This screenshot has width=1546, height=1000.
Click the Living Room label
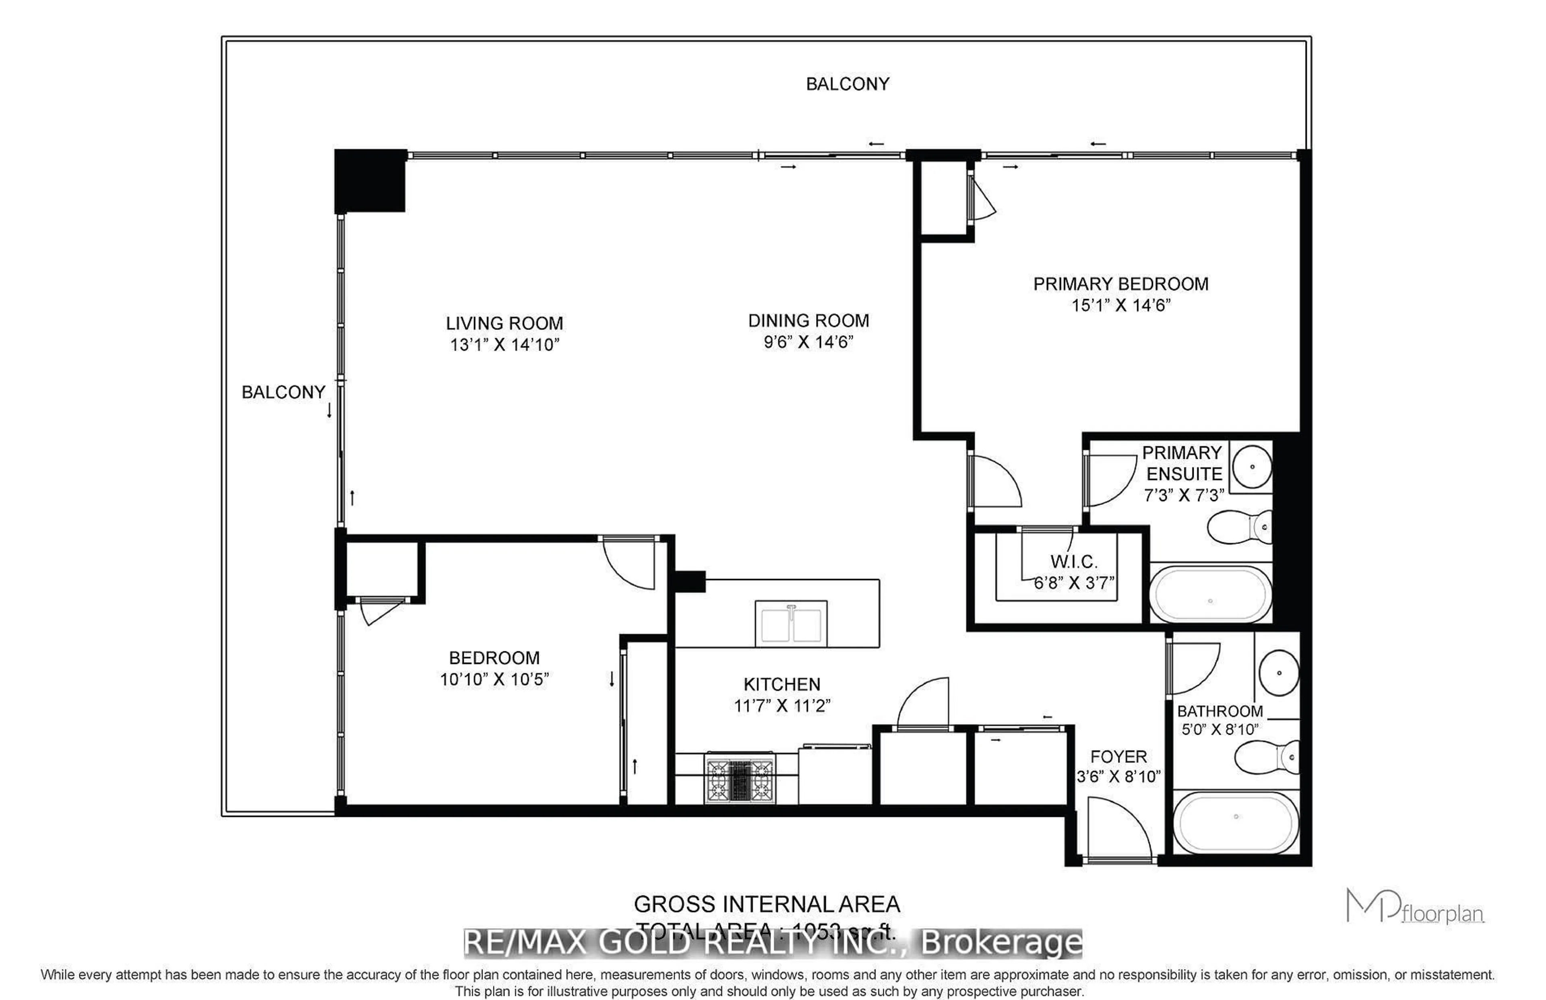[504, 323]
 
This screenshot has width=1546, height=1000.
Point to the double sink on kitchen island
[791, 623]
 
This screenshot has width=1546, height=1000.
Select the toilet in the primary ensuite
[1240, 527]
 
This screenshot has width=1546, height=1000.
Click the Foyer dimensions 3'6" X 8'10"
[1118, 777]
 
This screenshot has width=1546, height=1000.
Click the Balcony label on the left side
[283, 392]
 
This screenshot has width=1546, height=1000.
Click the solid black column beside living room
[370, 180]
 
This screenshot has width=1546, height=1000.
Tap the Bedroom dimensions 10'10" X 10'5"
[494, 679]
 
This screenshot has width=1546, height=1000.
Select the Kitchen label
[782, 684]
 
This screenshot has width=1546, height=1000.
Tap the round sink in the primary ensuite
[1251, 466]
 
